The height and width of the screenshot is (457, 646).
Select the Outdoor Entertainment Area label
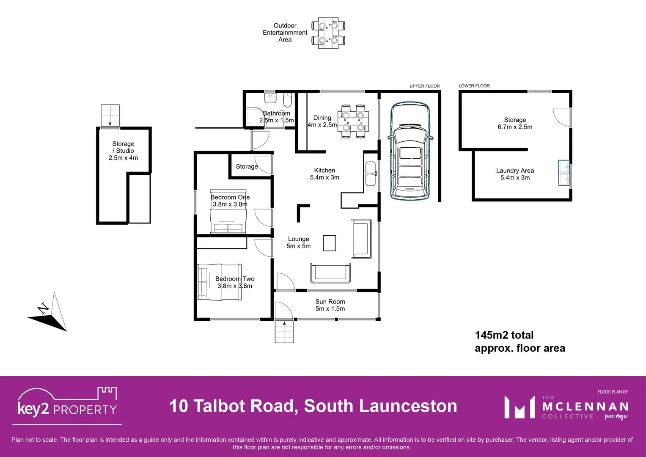click(x=285, y=33)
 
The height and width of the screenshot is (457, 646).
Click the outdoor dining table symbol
click(x=328, y=33)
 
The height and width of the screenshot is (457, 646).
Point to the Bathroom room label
click(x=276, y=113)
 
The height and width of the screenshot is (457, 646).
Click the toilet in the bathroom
click(x=287, y=101)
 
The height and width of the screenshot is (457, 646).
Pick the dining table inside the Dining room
click(x=353, y=121)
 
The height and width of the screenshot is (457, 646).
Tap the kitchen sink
click(x=371, y=173)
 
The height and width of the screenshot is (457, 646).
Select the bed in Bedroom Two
click(x=219, y=282)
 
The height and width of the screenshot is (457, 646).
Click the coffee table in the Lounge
click(x=330, y=243)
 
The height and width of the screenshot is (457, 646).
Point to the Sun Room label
click(x=330, y=302)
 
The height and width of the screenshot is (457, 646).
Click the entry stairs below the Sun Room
click(x=284, y=332)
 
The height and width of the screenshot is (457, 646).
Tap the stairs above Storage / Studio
click(x=110, y=116)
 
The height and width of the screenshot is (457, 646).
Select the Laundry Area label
click(x=515, y=171)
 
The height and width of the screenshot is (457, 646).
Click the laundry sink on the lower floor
click(x=564, y=173)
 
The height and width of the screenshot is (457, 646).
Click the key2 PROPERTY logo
click(x=67, y=405)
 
